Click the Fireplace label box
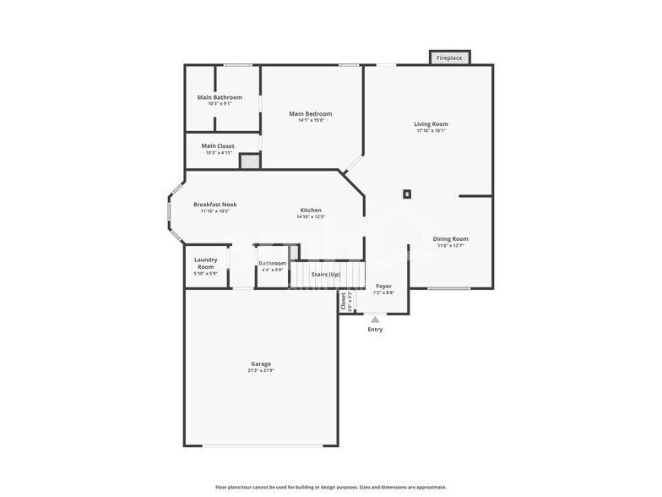pos(450,57)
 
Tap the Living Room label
pos(431,124)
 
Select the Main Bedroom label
pos(310,114)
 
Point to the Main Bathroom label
pos(220,97)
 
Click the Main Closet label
pos(218,146)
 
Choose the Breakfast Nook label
pos(214,205)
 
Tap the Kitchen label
pos(311,210)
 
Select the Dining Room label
pos(450,239)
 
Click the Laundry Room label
pos(206,263)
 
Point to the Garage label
pos(260,363)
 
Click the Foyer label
pos(383,287)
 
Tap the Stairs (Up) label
pos(326,275)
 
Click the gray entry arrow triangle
pos(375,319)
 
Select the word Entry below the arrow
pos(375,330)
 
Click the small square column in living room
pos(407,194)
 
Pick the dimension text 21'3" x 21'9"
pos(260,371)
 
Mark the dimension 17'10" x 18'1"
pos(431,131)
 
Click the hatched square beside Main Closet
pos(249,161)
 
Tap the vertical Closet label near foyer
pos(344,301)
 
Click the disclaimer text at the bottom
pos(331,487)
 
